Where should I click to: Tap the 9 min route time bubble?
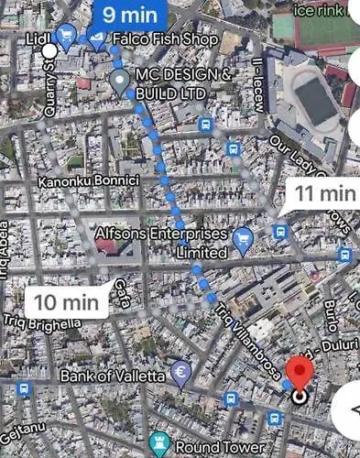click(x=129, y=15)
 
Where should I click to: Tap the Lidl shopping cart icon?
click(x=66, y=37)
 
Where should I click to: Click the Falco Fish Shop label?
click(x=165, y=40)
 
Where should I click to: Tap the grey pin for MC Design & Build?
click(x=119, y=81)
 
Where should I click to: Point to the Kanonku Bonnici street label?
click(x=88, y=181)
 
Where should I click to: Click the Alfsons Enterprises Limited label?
click(x=161, y=242)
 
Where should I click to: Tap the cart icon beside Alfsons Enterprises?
click(x=243, y=240)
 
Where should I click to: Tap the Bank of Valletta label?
click(x=114, y=376)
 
